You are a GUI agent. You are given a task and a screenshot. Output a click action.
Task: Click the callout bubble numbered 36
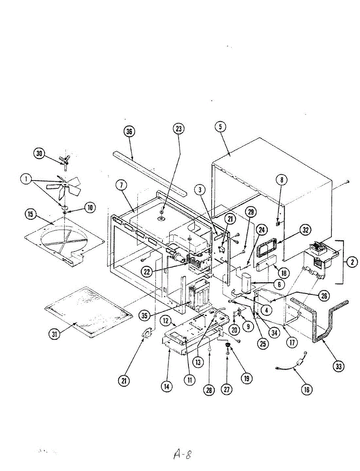tap(128, 131)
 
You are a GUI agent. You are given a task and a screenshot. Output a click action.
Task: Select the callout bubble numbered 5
tap(221, 126)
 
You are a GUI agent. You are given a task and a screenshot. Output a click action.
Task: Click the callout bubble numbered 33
tap(338, 367)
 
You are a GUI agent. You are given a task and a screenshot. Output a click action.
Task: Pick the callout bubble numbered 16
tap(307, 389)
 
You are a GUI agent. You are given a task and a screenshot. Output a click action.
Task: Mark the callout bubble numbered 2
tap(352, 262)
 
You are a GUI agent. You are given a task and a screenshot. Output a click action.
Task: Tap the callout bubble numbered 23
tap(179, 129)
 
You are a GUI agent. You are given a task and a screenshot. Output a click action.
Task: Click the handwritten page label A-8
tap(182, 455)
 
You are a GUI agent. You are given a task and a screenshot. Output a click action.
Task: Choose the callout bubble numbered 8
tap(281, 180)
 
